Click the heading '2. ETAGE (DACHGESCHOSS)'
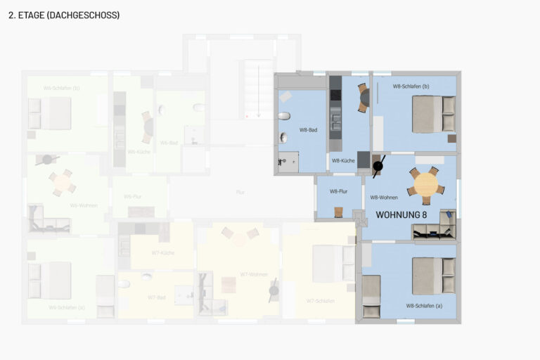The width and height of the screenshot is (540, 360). pos(64,15)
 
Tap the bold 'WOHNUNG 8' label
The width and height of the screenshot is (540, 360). pos(401,214)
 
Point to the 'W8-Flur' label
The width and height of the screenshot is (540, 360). pos(339,191)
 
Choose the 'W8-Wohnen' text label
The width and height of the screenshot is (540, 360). pos(384,198)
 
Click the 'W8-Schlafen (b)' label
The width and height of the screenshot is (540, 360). pos(411,86)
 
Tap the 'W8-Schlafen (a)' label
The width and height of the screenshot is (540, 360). pos(424,306)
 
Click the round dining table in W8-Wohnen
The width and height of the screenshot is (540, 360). pos(426,184)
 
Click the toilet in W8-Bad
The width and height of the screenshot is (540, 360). pos(284,116)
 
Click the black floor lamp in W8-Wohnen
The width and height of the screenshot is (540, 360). pos(378,167)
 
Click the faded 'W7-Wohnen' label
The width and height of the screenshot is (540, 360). pos(253,274)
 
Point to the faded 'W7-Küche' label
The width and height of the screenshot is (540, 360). pos(163,252)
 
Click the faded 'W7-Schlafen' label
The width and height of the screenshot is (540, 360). pos(320,301)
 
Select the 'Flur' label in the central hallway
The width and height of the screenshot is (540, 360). pos(240,191)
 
